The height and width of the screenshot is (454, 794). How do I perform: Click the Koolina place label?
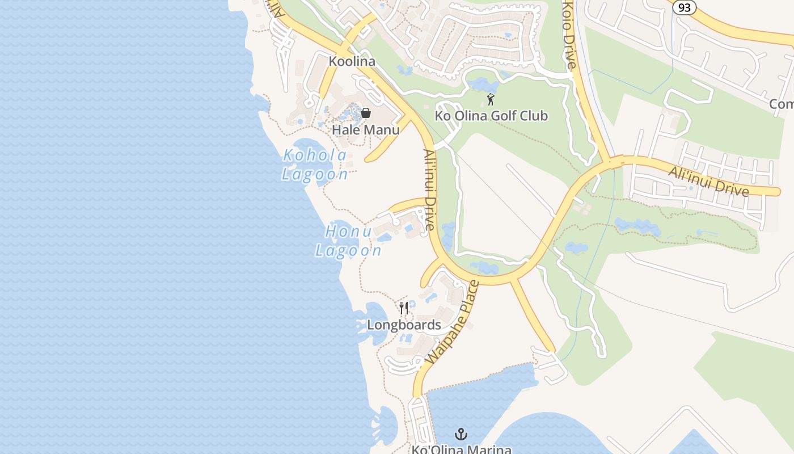(x=352, y=61)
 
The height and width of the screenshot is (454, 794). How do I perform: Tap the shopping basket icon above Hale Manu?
(x=366, y=112)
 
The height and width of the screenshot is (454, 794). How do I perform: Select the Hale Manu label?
(x=366, y=129)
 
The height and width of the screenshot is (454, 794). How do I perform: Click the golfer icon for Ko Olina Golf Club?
(x=491, y=100)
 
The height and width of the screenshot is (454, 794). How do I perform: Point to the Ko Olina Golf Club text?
(x=491, y=116)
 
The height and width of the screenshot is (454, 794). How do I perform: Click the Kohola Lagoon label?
(x=315, y=165)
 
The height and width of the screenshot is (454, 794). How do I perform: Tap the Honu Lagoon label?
(x=348, y=241)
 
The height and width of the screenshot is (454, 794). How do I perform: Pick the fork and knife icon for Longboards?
(x=404, y=308)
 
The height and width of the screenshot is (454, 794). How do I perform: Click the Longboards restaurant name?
(x=404, y=325)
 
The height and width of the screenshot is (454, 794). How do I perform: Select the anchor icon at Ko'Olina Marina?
(x=461, y=435)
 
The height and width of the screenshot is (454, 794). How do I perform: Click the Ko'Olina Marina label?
(x=461, y=449)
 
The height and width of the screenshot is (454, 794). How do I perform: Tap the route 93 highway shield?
(x=685, y=7)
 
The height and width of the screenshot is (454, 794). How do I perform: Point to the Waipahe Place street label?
(x=451, y=322)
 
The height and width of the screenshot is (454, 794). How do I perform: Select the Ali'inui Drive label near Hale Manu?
(x=429, y=190)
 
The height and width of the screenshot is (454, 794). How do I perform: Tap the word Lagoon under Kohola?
(x=315, y=174)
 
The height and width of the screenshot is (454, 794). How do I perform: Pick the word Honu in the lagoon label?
(x=348, y=232)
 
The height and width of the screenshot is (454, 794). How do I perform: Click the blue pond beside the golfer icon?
(x=483, y=85)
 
